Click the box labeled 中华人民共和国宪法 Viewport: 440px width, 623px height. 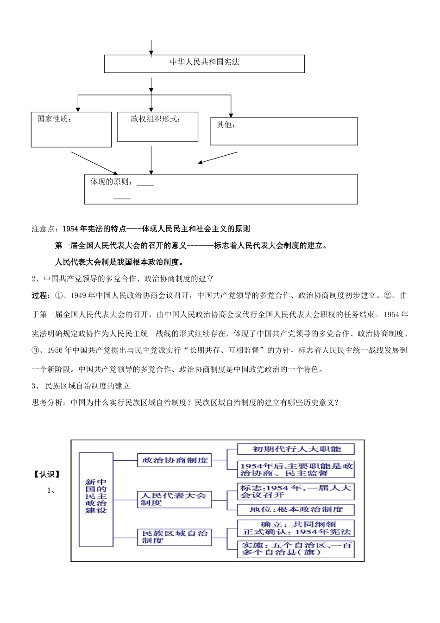[x=204, y=64]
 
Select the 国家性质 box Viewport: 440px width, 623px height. [x=71, y=129]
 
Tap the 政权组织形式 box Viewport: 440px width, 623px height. [x=157, y=127]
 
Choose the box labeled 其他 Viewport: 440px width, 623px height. [x=284, y=131]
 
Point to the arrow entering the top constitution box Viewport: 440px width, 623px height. [x=151, y=48]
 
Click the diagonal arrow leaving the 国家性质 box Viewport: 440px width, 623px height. [x=95, y=161]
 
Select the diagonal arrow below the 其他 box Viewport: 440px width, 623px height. [x=217, y=158]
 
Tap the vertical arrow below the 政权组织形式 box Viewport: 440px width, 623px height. [x=151, y=160]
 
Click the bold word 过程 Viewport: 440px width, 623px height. [x=40, y=296]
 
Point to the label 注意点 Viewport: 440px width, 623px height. [x=45, y=229]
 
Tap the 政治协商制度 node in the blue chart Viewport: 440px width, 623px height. [x=174, y=460]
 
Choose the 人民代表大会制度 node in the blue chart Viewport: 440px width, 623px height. [x=174, y=499]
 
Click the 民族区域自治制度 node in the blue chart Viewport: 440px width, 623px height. [x=174, y=537]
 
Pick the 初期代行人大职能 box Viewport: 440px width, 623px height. [x=295, y=449]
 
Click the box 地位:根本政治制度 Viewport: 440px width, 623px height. [x=295, y=509]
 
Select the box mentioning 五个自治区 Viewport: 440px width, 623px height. [x=295, y=549]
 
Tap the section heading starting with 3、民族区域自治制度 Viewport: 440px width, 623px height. [x=81, y=386]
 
